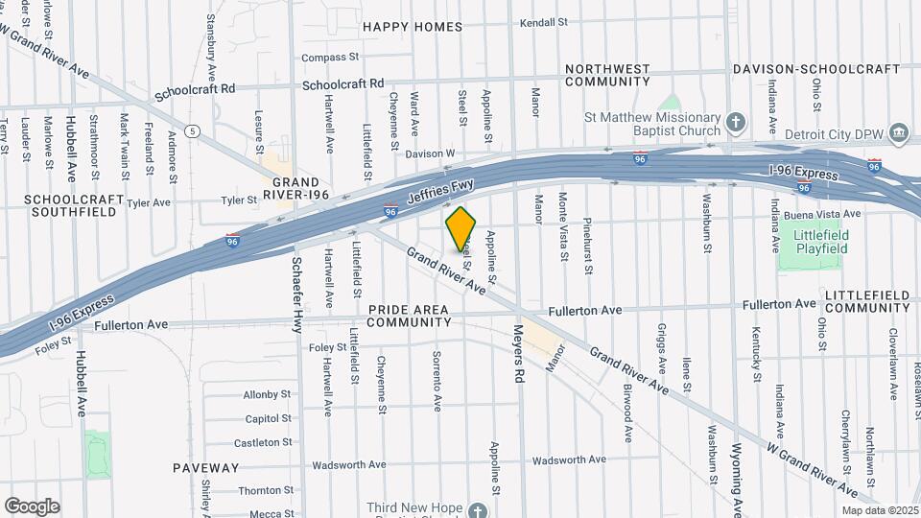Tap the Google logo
coord(32,506)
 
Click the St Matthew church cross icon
coord(736,122)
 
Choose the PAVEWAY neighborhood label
coord(206,468)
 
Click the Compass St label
coord(329,58)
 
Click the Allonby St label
coord(267,394)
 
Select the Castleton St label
coord(262,442)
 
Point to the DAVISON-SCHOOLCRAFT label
coord(816,69)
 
